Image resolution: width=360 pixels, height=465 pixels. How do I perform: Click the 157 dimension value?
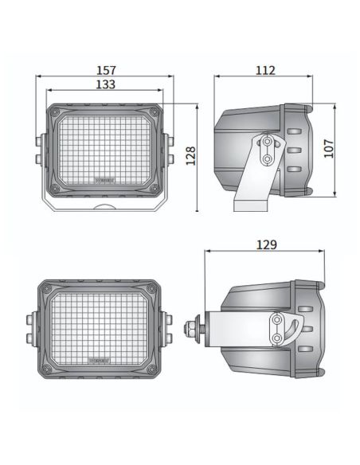point(105,70)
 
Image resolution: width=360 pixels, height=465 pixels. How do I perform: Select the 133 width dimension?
point(105,84)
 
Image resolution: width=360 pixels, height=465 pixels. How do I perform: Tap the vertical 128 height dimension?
point(190,155)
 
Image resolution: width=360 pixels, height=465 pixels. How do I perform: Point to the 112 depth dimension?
point(265,70)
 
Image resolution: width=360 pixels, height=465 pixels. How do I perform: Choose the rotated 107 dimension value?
point(329,149)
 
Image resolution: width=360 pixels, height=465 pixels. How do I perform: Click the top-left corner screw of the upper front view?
point(55,113)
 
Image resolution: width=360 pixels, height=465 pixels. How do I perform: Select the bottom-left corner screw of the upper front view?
point(55,189)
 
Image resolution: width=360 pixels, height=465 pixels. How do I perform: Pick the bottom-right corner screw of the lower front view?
point(152,369)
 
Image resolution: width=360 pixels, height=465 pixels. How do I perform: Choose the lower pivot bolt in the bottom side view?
point(276,338)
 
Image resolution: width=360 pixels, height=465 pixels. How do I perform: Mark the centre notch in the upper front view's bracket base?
point(105,207)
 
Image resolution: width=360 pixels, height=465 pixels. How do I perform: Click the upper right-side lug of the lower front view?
point(168,320)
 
